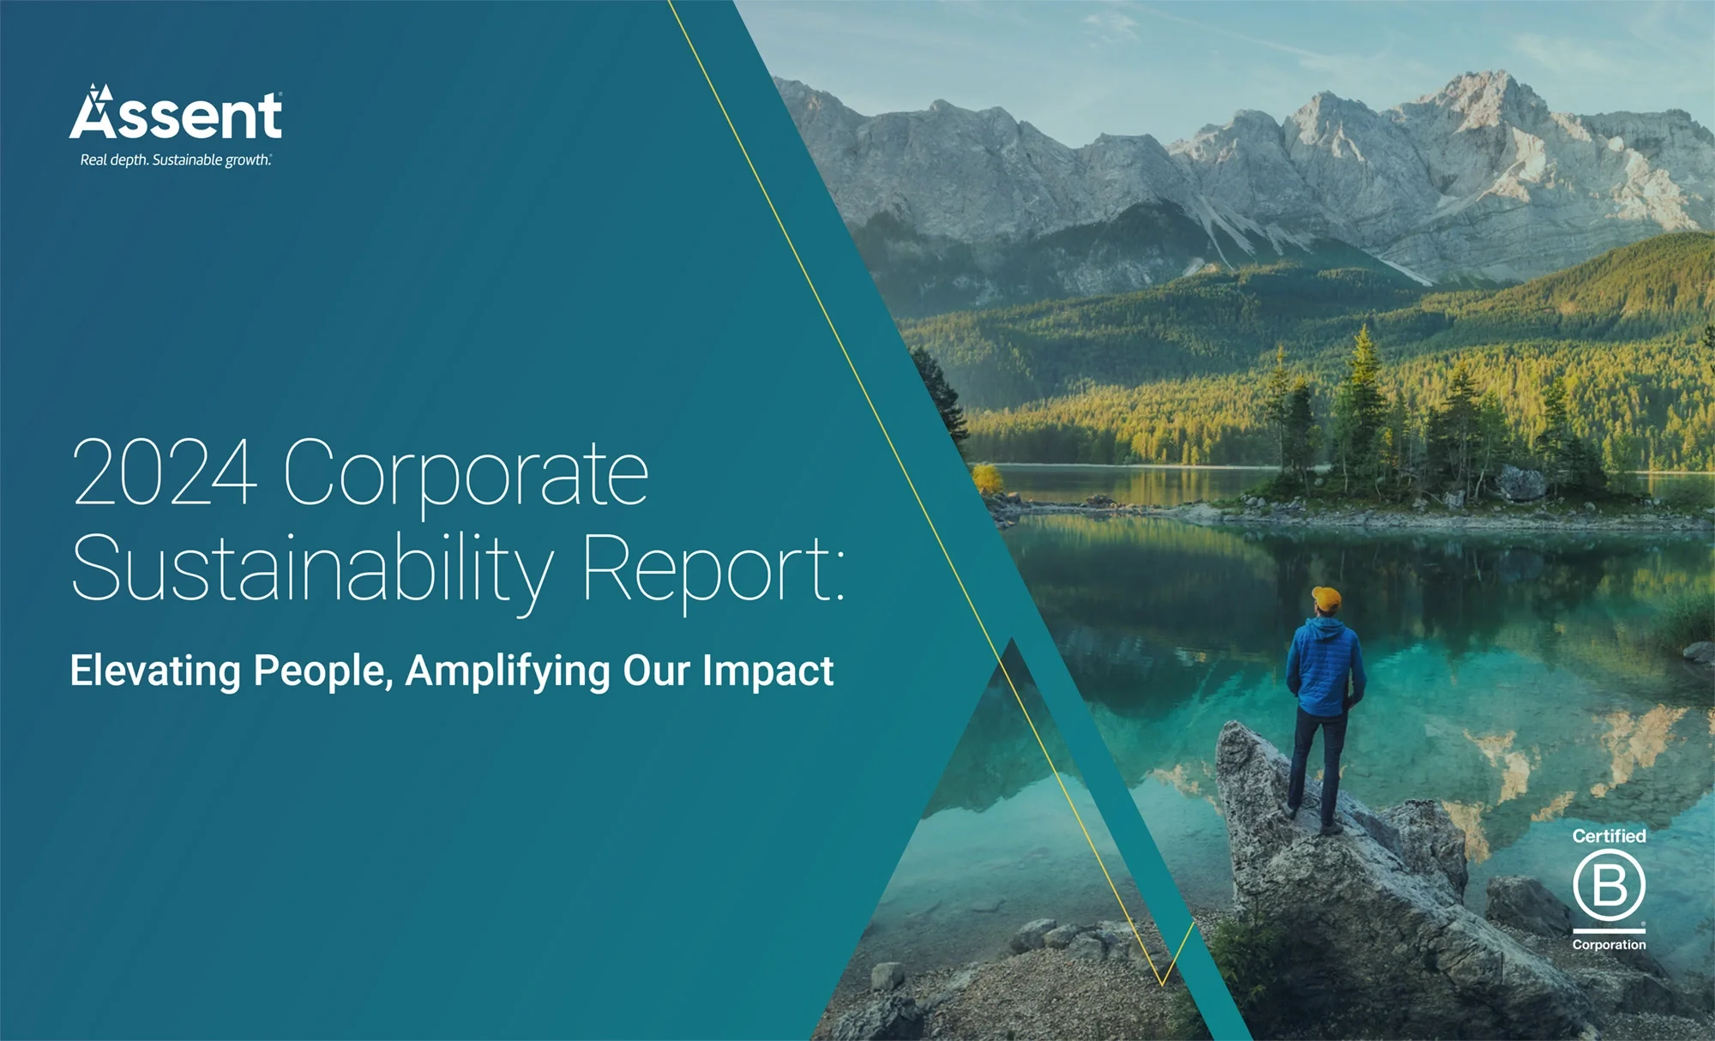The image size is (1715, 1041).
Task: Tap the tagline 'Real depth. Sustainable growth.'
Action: click(x=176, y=159)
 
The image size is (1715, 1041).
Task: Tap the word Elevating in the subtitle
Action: click(x=155, y=671)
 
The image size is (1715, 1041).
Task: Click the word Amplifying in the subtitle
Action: click(x=508, y=671)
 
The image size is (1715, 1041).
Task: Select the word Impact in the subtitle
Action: click(x=768, y=671)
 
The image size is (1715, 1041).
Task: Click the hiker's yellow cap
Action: click(x=1327, y=599)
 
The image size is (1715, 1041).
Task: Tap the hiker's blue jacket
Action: click(x=1325, y=666)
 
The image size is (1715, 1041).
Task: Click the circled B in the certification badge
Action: click(x=1609, y=886)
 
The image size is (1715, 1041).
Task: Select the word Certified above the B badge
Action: click(x=1609, y=836)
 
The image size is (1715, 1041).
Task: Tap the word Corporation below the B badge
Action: click(x=1609, y=944)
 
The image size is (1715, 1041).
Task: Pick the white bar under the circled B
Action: click(x=1609, y=930)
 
